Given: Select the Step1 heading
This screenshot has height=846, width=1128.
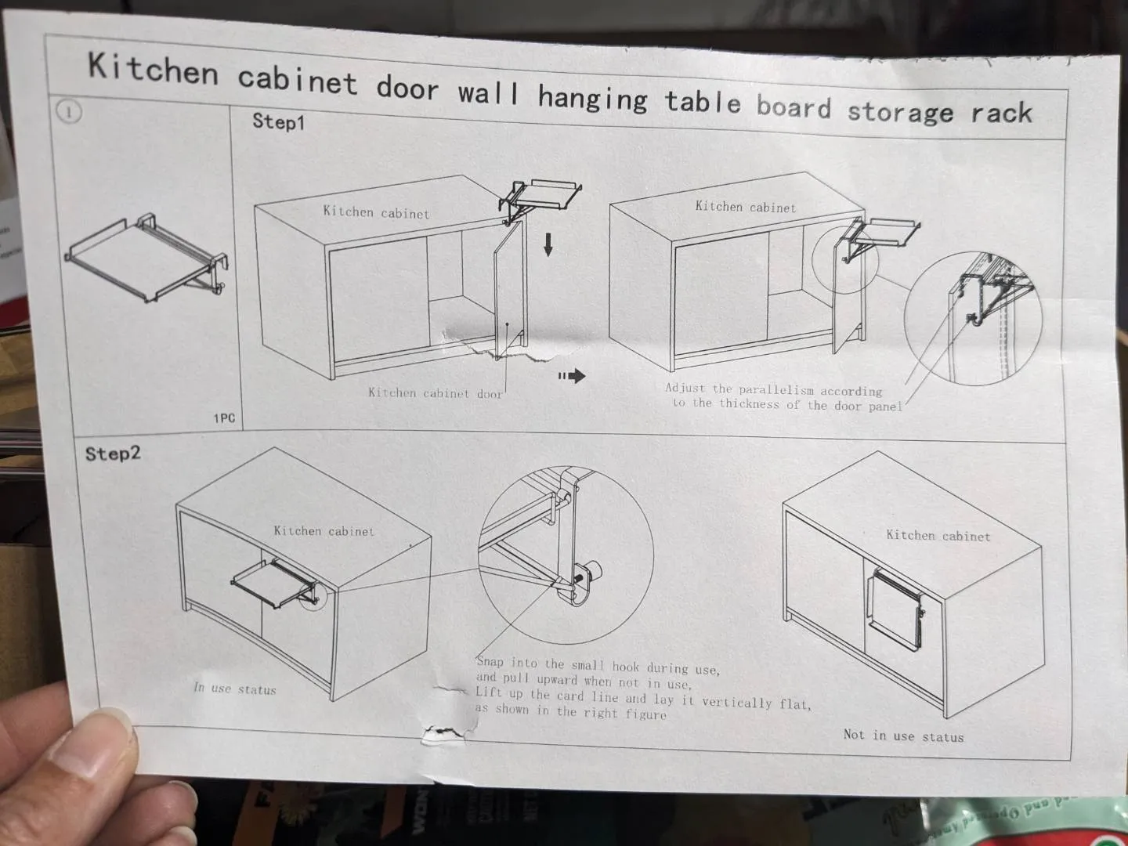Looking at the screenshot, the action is [279, 121].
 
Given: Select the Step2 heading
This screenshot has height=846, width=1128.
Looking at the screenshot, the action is [113, 454].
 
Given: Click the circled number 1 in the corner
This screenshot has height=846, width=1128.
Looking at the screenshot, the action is [68, 112].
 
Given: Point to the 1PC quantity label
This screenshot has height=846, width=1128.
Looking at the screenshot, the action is [224, 418].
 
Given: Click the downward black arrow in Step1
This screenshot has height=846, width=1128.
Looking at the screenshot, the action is [548, 244].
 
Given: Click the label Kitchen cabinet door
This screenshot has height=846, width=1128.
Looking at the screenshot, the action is [435, 393].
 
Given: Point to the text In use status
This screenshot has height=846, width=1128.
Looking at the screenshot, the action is [235, 689].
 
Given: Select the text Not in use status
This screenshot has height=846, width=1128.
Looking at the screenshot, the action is [903, 736].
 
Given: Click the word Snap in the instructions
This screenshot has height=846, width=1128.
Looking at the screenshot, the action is [490, 662].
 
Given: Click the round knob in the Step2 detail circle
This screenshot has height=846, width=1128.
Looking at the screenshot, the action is [593, 570].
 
